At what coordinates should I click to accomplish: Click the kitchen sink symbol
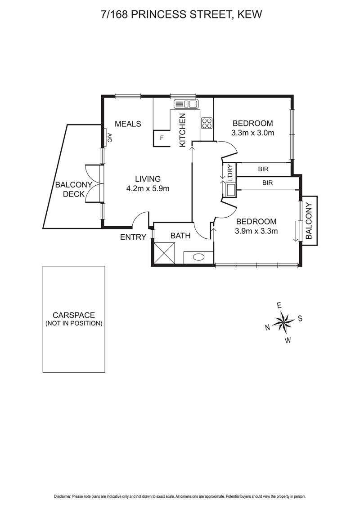pos(186,104)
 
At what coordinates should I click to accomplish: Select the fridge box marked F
pos(162,138)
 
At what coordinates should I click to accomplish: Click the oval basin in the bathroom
pos(198,257)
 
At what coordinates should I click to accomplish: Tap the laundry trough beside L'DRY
pos(231,190)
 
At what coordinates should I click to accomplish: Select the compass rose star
pos(284,321)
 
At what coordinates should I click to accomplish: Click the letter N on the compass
pos(268,327)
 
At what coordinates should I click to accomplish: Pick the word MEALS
pos(128,124)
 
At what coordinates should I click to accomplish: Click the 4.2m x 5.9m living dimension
pos(148,188)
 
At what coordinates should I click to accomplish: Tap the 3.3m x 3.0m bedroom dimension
pos(253,133)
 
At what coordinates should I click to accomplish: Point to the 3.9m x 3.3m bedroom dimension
pos(256,231)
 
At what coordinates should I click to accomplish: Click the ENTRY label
pos(133,237)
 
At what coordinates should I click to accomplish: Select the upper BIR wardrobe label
pos(264,169)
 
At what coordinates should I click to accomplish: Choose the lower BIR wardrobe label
pos(267,183)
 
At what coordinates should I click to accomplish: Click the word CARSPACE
pos(74,315)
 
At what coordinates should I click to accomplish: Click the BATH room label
pos(180,236)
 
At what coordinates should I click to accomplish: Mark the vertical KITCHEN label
pos(182,130)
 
